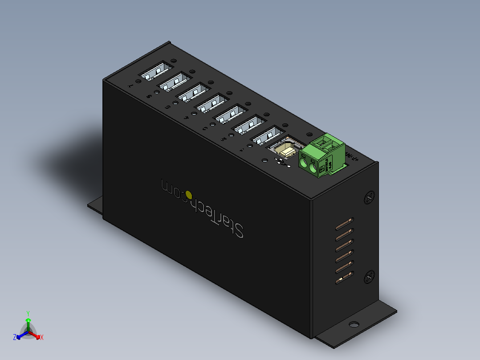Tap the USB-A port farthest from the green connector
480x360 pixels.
click(x=156, y=72)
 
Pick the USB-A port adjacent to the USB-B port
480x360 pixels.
click(x=268, y=136)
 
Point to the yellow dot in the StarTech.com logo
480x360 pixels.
click(x=189, y=194)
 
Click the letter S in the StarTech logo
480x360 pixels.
click(x=238, y=231)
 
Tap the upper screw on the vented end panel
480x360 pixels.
click(x=369, y=197)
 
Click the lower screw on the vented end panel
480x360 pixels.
click(x=369, y=277)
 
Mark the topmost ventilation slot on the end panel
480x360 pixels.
click(x=345, y=221)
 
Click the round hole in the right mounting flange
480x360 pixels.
click(x=354, y=324)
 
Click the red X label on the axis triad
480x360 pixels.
click(x=42, y=338)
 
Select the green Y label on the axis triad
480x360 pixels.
click(x=28, y=313)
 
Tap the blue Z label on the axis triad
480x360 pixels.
click(x=15, y=338)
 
